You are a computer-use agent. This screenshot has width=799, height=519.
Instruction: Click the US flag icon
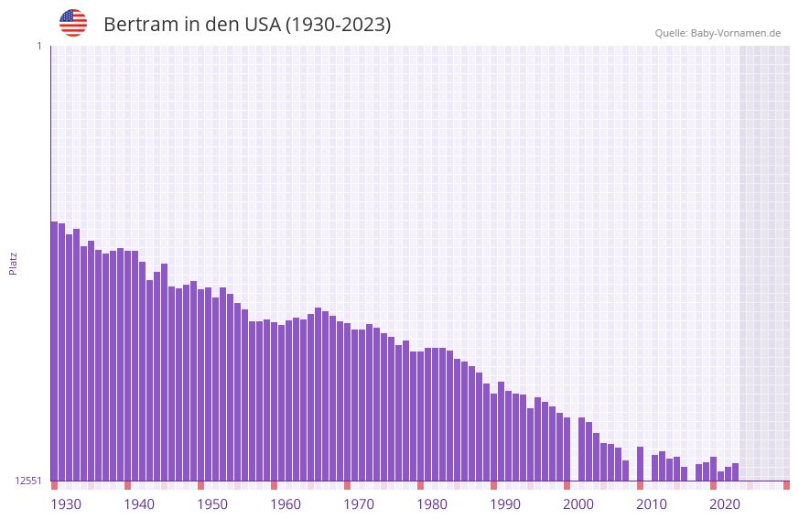pyautogui.click(x=73, y=23)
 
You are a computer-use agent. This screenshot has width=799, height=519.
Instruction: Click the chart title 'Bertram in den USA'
pyautogui.click(x=247, y=25)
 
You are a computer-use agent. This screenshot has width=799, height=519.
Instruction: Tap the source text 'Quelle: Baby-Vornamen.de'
pyautogui.click(x=718, y=33)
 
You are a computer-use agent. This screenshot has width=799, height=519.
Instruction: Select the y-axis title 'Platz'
pyautogui.click(x=13, y=263)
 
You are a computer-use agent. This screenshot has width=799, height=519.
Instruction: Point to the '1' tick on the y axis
pyautogui.click(x=38, y=46)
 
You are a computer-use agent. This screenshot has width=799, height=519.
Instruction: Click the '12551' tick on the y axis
pyautogui.click(x=27, y=481)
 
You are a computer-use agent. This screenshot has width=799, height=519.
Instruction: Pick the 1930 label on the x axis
pyautogui.click(x=66, y=504)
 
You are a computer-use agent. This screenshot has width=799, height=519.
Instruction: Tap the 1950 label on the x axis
pyautogui.click(x=212, y=504)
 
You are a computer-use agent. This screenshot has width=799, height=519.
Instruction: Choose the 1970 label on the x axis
pyautogui.click(x=359, y=504)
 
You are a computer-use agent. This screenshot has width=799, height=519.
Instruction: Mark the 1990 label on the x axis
pyautogui.click(x=505, y=504)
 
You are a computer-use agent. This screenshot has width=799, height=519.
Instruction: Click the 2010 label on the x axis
pyautogui.click(x=652, y=504)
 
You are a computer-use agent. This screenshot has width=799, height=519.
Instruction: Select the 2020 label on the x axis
pyautogui.click(x=725, y=504)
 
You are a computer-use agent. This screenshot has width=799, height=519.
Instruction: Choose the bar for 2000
pyautogui.click(x=582, y=449)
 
